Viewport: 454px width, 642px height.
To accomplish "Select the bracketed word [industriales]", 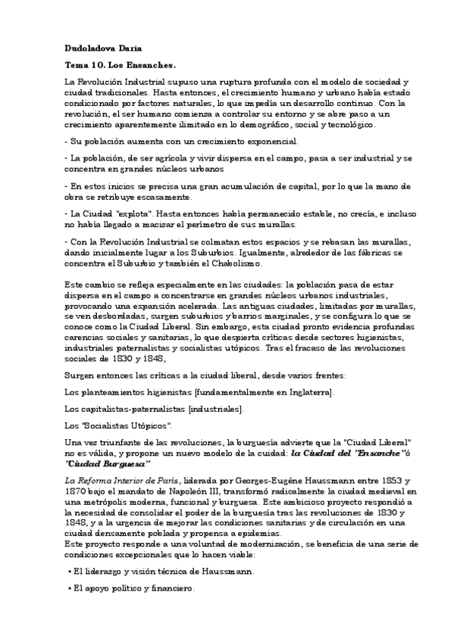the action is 214,409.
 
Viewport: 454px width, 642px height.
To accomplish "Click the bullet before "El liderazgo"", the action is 69,572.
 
